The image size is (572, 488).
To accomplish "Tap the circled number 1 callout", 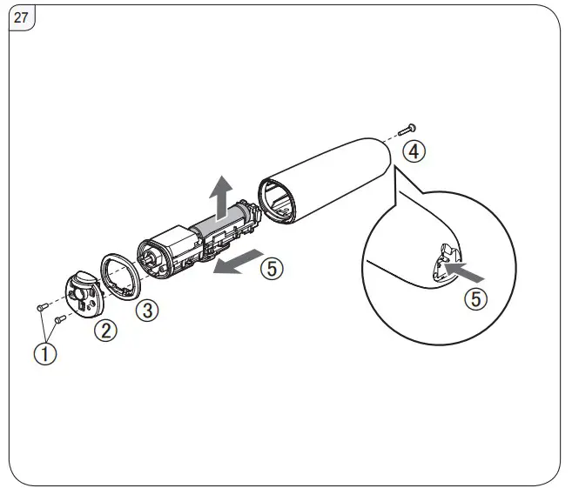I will coord(45,355).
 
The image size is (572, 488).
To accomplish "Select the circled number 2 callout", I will coord(106,331).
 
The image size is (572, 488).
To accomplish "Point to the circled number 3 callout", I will coord(149,309).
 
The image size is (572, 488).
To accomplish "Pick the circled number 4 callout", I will coord(415,151).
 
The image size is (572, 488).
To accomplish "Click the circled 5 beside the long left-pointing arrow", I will coord(272,269).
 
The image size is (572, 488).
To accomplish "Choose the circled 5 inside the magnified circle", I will coord(474,299).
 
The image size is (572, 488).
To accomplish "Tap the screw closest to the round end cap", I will coord(59,320).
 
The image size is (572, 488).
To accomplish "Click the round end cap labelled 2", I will coord(85,295).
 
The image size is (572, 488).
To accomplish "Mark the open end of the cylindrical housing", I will coord(278,199).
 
